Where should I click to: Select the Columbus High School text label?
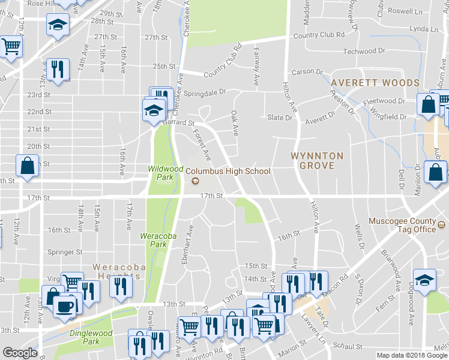click(228, 171)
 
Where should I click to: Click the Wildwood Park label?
click(161, 173)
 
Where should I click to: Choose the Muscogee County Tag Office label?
click(409, 224)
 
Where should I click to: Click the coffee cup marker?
click(64, 305)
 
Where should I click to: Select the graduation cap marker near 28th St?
click(58, 25)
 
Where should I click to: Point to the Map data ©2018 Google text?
click(412, 355)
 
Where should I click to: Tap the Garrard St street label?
click(179, 122)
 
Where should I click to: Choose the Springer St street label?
click(65, 253)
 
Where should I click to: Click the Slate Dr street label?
click(280, 118)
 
